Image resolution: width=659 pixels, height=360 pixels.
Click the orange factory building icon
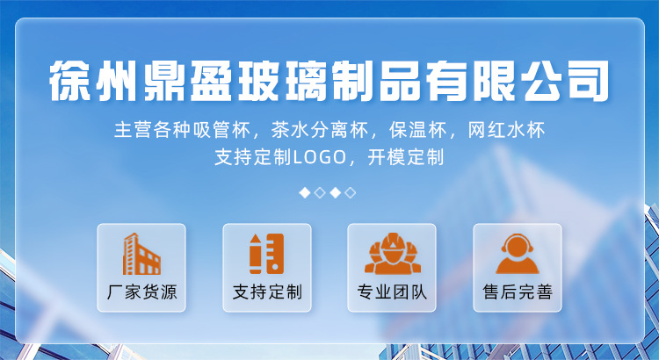click(x=141, y=254)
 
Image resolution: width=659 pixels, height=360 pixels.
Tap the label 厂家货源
click(x=141, y=292)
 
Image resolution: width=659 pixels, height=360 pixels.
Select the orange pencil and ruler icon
click(x=266, y=254)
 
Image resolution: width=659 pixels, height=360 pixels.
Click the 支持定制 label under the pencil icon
click(x=267, y=292)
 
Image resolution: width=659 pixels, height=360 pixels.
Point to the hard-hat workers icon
click(x=393, y=254)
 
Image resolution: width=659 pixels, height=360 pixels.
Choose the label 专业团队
click(x=392, y=292)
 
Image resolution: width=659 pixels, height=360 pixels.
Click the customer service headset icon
click(x=518, y=254)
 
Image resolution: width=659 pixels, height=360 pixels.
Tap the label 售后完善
click(x=518, y=292)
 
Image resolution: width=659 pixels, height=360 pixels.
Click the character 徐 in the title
click(x=69, y=81)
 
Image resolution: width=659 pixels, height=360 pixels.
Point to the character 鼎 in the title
click(x=165, y=81)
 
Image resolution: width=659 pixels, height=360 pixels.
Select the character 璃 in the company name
click(x=307, y=81)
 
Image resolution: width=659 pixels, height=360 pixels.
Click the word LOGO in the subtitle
click(x=319, y=157)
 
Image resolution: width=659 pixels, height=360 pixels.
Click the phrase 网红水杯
click(x=506, y=130)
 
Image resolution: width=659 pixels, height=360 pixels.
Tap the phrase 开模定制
click(x=406, y=157)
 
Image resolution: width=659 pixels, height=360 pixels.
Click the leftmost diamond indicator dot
click(x=305, y=193)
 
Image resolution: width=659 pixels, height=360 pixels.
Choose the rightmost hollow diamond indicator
click(x=350, y=193)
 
